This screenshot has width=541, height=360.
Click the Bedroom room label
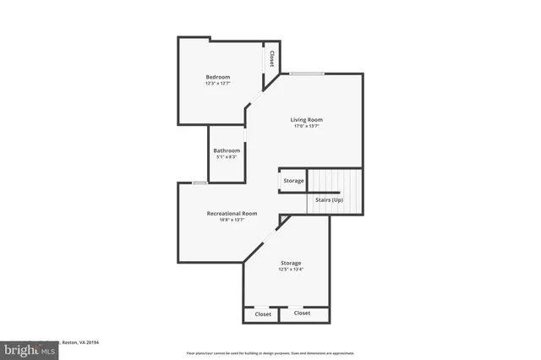coord(217,77)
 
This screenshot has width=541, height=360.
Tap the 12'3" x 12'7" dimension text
coord(217,84)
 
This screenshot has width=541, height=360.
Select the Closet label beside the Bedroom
coord(271,58)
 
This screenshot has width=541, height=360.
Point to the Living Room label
coord(308,119)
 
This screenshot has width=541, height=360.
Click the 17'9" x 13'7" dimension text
coord(308,127)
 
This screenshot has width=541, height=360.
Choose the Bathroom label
coord(227,150)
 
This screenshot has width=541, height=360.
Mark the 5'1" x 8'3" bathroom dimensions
coord(227,157)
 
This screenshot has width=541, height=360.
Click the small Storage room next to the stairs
coord(293,181)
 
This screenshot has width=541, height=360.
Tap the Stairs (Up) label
coord(330,200)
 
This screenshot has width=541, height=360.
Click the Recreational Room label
coord(232,213)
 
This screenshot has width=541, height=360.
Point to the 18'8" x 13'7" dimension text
coord(232,221)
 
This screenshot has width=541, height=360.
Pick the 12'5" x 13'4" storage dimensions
coord(291,270)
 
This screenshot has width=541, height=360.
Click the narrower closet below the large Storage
coord(263,314)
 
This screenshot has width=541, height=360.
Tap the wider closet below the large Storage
coord(302,313)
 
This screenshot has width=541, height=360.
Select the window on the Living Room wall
coord(308,74)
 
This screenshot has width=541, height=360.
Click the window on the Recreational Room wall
coord(200,183)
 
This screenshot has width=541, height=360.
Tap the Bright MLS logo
coord(29,349)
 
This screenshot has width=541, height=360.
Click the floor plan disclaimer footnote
coord(270,353)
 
